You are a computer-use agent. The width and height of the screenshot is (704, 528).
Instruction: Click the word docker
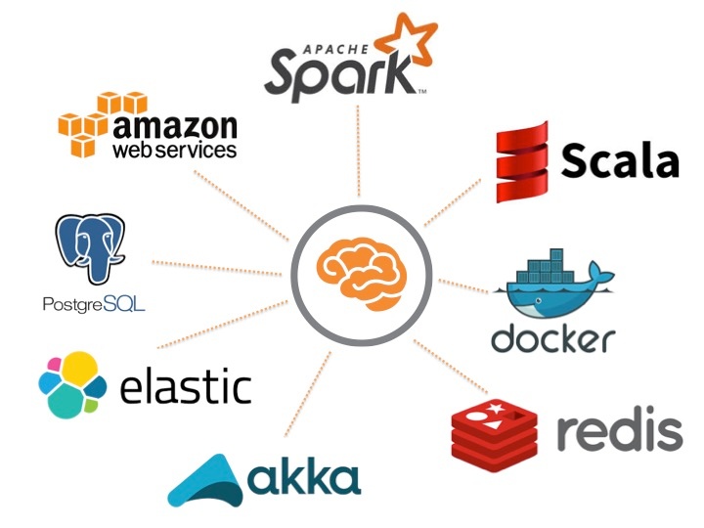553,337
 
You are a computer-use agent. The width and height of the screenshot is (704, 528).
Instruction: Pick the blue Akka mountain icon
206,479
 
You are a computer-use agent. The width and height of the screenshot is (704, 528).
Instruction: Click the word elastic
185,385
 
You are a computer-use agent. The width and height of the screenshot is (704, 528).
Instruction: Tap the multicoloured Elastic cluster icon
71,385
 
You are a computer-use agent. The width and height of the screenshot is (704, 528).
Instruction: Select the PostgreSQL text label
94,304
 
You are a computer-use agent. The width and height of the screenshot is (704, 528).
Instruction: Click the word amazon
175,126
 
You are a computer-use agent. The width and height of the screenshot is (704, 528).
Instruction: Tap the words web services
174,151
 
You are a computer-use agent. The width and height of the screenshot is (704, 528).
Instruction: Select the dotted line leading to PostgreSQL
215,265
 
